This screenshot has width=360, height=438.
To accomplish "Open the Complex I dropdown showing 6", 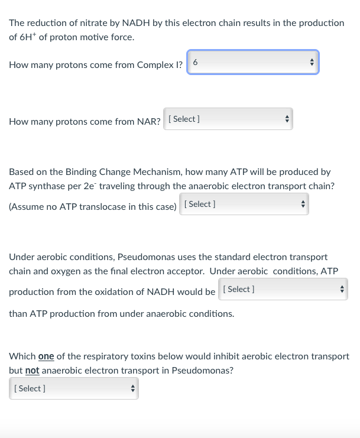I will point(253,62).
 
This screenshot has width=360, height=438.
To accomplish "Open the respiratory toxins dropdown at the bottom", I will point(74,388).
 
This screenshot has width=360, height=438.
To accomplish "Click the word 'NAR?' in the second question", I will point(149,122).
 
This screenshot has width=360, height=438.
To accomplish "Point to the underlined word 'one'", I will point(46,356).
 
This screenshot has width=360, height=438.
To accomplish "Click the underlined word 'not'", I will point(33,371).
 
